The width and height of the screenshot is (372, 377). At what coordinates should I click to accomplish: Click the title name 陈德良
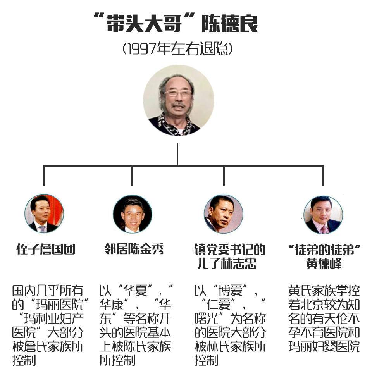click(229, 23)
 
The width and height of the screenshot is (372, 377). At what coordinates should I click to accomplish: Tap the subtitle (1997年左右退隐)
click(178, 49)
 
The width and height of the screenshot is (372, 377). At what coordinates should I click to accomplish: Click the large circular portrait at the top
click(178, 100)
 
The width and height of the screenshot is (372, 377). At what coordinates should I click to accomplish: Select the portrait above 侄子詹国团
click(44, 214)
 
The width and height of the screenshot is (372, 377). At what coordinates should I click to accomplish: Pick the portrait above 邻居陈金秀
click(133, 214)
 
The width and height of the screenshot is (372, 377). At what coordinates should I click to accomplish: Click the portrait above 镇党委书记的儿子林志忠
click(224, 214)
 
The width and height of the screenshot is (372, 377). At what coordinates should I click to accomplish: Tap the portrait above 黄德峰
click(323, 215)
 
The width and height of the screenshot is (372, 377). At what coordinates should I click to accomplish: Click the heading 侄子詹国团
click(46, 249)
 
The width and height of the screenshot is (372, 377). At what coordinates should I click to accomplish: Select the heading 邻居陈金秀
click(134, 249)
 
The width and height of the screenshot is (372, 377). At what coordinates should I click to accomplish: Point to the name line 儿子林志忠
click(227, 263)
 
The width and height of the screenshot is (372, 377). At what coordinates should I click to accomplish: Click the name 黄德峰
click(324, 263)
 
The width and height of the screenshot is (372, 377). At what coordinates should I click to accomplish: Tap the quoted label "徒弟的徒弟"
click(324, 250)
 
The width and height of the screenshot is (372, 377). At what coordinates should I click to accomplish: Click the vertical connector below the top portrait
click(177, 154)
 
